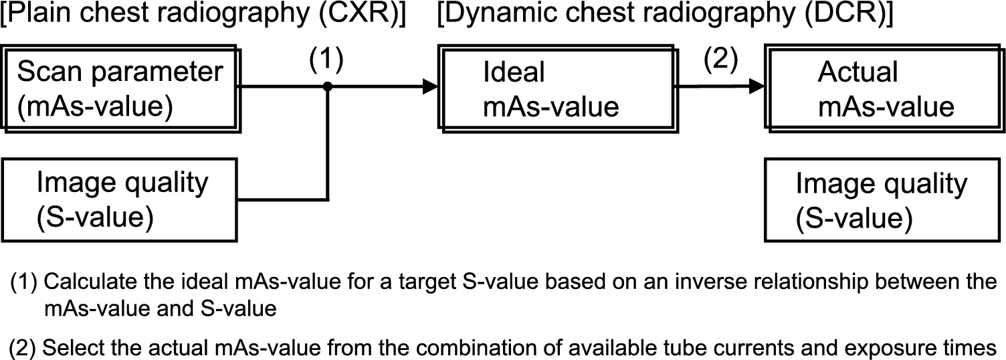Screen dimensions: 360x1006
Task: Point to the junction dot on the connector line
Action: pyautogui.click(x=327, y=86)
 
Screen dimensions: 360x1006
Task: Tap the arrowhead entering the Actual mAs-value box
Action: pyautogui.click(x=757, y=86)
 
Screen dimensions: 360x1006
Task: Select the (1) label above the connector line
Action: pyautogui.click(x=326, y=60)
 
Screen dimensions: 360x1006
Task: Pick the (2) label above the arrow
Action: pyautogui.click(x=719, y=60)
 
